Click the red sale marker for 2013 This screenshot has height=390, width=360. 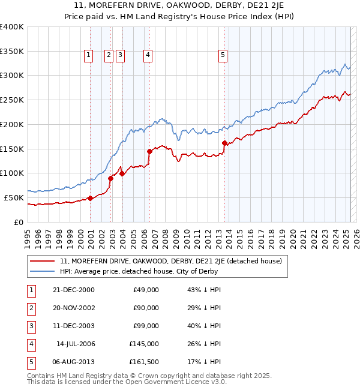224,143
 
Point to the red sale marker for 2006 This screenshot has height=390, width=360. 149,151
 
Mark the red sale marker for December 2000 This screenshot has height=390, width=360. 90,198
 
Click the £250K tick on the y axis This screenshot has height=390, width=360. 13,100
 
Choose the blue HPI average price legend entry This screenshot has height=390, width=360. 138,271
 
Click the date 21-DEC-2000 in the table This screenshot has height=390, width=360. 74,290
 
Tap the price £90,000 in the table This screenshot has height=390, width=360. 146,308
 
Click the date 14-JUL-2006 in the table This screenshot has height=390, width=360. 76,344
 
